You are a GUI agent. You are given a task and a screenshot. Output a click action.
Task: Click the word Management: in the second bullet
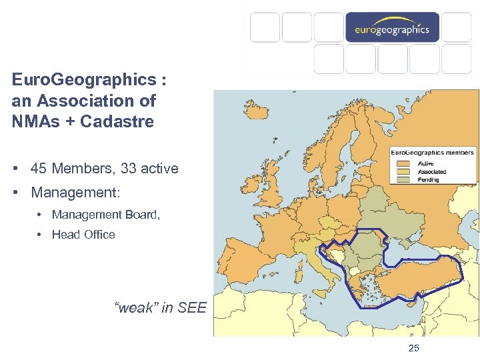coord(75,193)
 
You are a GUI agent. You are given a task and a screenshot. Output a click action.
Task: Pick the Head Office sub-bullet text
coord(83,235)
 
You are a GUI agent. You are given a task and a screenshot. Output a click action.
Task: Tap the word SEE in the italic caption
coord(194,308)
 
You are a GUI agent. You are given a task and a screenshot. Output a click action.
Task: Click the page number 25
coord(413,348)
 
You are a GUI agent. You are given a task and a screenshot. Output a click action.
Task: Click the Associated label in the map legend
coord(432,171)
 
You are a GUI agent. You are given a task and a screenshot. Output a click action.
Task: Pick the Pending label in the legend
coord(429,179)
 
